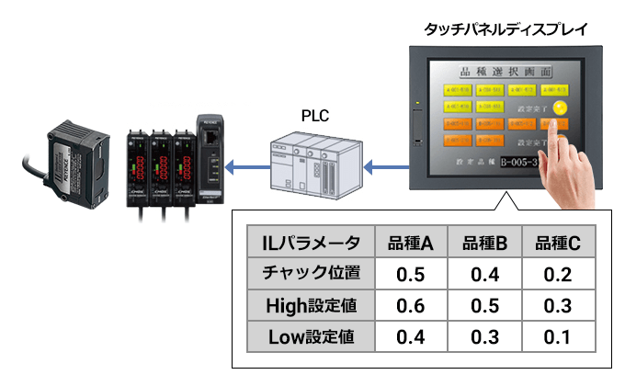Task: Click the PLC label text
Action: (x=314, y=116)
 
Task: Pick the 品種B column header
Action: (x=484, y=244)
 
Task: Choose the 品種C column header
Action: (x=557, y=244)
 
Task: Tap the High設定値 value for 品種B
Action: (x=484, y=306)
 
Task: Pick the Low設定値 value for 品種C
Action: (x=557, y=337)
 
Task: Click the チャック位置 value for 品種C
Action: (x=557, y=275)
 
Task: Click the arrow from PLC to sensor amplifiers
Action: (x=243, y=167)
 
